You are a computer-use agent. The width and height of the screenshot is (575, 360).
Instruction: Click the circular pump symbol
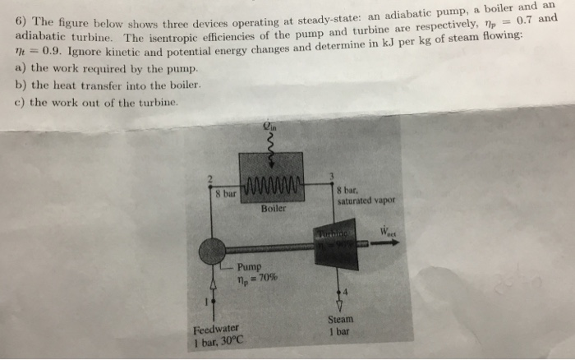click(213, 251)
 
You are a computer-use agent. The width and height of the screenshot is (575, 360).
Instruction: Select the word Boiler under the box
click(274, 209)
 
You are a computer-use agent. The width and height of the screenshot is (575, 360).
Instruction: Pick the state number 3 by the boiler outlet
click(329, 176)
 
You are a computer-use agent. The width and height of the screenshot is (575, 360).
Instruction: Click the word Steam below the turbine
click(340, 321)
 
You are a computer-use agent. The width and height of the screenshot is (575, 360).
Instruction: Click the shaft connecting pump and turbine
click(271, 247)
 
